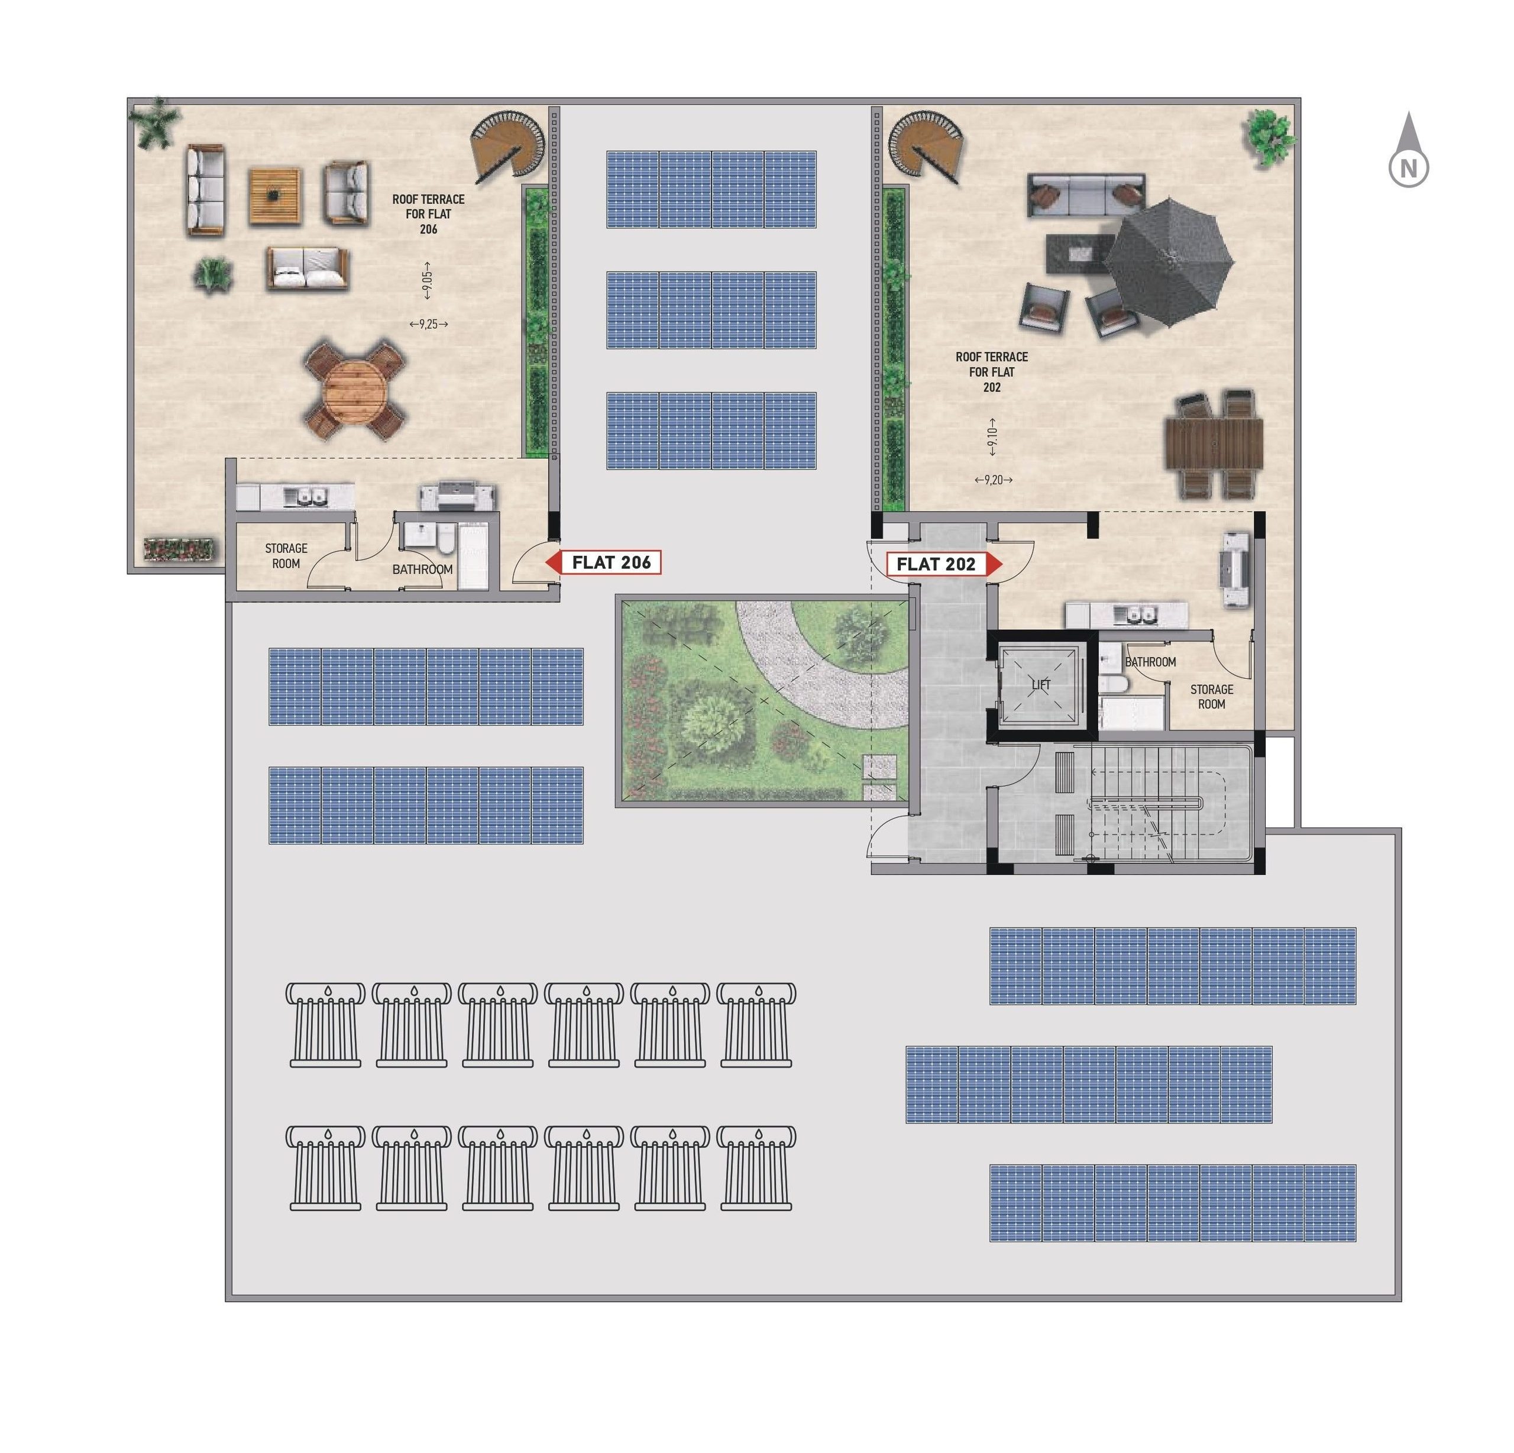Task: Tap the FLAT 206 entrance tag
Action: (x=603, y=562)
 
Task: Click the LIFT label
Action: (x=1040, y=684)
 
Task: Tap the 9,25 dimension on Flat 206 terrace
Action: (x=429, y=325)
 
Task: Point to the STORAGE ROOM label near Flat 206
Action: (x=286, y=555)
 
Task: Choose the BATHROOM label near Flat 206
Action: (x=422, y=569)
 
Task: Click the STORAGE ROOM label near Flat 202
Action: (x=1211, y=696)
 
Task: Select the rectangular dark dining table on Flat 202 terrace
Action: (x=1214, y=444)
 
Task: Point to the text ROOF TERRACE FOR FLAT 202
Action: (x=991, y=371)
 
